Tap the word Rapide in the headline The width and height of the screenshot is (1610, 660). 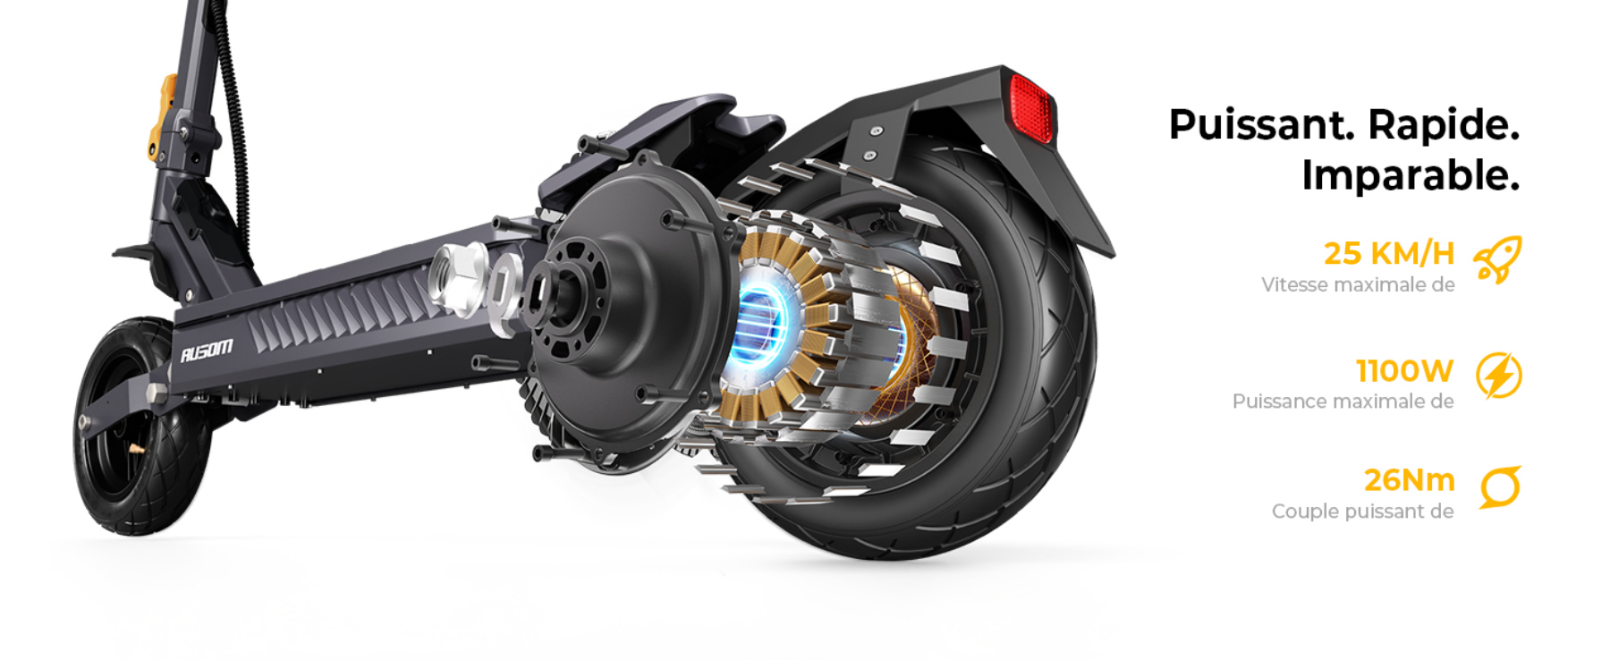1444,124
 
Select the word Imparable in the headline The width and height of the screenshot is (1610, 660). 1411,175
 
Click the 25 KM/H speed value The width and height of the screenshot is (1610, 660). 1389,253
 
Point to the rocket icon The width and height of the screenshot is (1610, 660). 1498,260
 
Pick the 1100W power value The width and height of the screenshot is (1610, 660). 1404,370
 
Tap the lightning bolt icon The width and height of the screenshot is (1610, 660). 1498,375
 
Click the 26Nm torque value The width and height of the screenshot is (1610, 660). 1409,480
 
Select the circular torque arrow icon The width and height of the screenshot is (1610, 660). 1500,487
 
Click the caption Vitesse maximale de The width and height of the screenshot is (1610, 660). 1358,285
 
